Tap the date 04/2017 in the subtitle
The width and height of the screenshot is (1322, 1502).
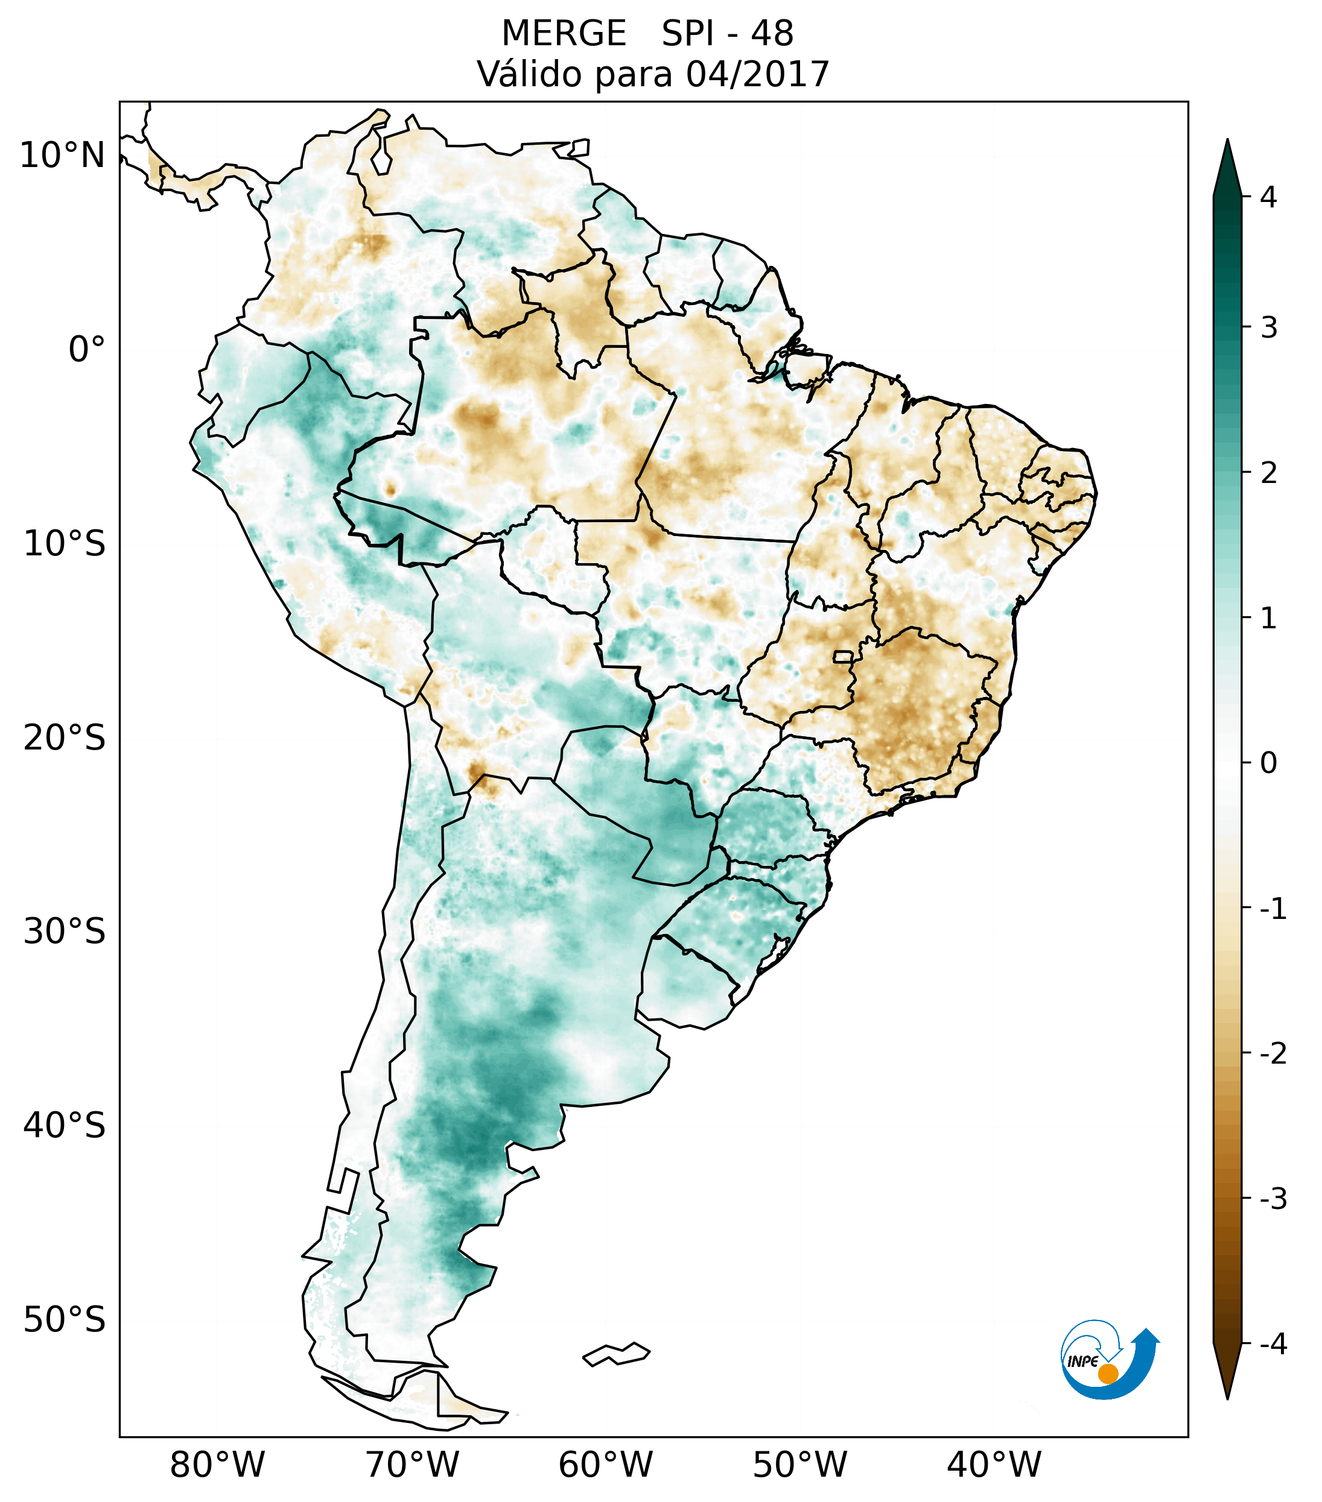[757, 74]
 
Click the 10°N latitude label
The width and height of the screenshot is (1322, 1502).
[63, 156]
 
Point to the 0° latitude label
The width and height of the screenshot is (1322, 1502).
[87, 349]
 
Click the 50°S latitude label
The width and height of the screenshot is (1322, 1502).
[65, 1319]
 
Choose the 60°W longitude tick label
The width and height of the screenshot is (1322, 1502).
[605, 1465]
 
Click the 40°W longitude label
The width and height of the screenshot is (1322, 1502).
[993, 1465]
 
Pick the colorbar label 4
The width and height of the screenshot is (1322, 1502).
[1268, 197]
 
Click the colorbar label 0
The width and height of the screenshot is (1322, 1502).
[1268, 763]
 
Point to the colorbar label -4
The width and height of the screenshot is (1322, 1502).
[1273, 1344]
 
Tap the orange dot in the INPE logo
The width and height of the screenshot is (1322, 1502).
[1108, 1373]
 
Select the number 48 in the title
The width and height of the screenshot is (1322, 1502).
[772, 34]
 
